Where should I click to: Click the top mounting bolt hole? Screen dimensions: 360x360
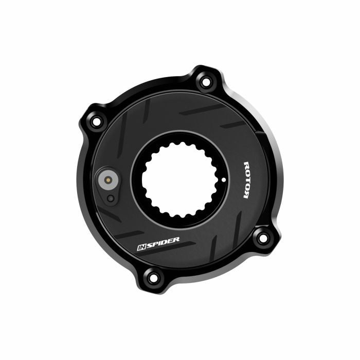[x=206, y=81]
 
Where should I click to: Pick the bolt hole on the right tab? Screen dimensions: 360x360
[x=262, y=237]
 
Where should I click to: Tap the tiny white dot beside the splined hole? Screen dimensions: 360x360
[x=224, y=179]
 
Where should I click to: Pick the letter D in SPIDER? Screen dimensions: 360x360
[x=164, y=242]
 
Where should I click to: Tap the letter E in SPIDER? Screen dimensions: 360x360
[x=170, y=240]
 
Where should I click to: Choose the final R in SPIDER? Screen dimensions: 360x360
[x=176, y=239]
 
